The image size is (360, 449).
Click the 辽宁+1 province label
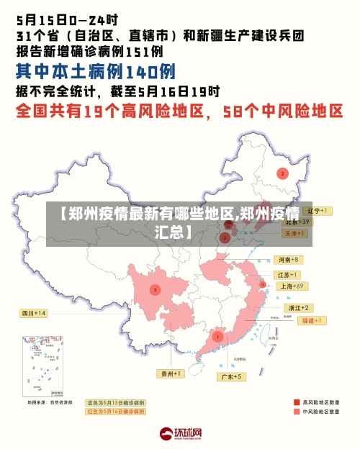coord(316,211)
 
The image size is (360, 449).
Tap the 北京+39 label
coord(296,222)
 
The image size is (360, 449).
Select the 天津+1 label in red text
coord(296,234)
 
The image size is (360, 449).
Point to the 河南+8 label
coord(287,259)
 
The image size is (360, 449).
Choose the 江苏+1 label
coord(287,275)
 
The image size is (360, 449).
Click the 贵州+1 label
coord(171,373)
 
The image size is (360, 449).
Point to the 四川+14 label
coord(33,313)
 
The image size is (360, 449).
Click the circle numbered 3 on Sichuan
coord(155,290)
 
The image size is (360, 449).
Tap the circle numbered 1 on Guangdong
coord(217,336)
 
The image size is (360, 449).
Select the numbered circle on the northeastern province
coord(283,173)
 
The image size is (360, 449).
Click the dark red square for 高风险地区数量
coord(297,402)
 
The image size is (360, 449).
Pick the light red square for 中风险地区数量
coord(297,412)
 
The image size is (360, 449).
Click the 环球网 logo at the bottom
coord(180,433)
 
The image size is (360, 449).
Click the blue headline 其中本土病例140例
coord(96,72)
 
